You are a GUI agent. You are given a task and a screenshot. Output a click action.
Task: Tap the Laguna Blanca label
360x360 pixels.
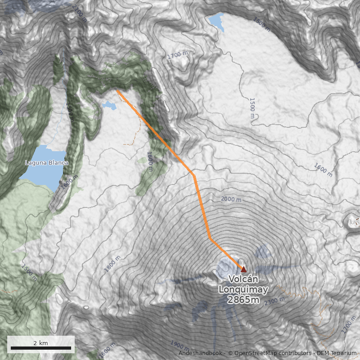click(46, 162)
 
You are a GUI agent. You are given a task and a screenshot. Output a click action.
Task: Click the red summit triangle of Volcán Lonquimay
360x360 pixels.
click(243, 270)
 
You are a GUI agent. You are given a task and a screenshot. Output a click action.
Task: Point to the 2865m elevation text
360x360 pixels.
click(243, 300)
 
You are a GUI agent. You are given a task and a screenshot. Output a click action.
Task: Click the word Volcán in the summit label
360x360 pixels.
click(243, 279)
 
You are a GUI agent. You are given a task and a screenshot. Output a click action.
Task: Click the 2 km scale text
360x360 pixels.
click(40, 343)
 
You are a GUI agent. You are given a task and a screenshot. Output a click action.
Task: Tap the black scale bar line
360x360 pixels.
click(40, 348)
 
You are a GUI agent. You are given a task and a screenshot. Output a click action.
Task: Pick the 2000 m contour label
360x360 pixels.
click(231, 199)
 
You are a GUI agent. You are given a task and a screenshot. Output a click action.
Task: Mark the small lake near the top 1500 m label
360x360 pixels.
click(216, 21)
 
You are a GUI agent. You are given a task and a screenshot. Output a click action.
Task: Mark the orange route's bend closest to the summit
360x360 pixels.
click(210, 238)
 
